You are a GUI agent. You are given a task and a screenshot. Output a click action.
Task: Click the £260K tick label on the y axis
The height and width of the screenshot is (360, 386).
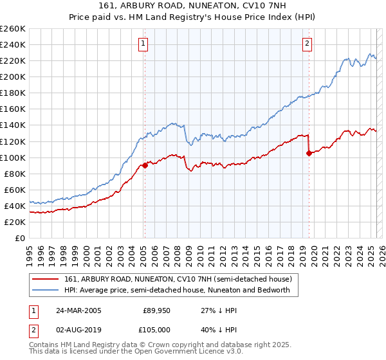pos(13,29)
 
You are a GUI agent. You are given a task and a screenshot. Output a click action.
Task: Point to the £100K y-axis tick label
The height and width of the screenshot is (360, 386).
pos(13,157)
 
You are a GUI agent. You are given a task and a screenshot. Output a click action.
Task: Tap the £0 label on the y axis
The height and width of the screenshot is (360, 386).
pos(20,238)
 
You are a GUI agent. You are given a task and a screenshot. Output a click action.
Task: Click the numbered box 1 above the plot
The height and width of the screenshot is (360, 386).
pos(142,44)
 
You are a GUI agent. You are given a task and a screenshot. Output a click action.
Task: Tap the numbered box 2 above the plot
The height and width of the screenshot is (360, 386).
pos(308,44)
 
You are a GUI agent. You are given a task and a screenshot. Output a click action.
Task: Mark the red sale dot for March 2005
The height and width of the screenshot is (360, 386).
pos(145,165)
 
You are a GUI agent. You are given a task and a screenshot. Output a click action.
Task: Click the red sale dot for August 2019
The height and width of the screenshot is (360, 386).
pos(309,153)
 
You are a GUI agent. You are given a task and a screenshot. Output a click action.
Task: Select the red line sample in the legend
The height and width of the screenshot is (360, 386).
pos(46,279)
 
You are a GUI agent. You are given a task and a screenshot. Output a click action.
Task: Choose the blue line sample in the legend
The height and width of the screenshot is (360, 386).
pos(46,290)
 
